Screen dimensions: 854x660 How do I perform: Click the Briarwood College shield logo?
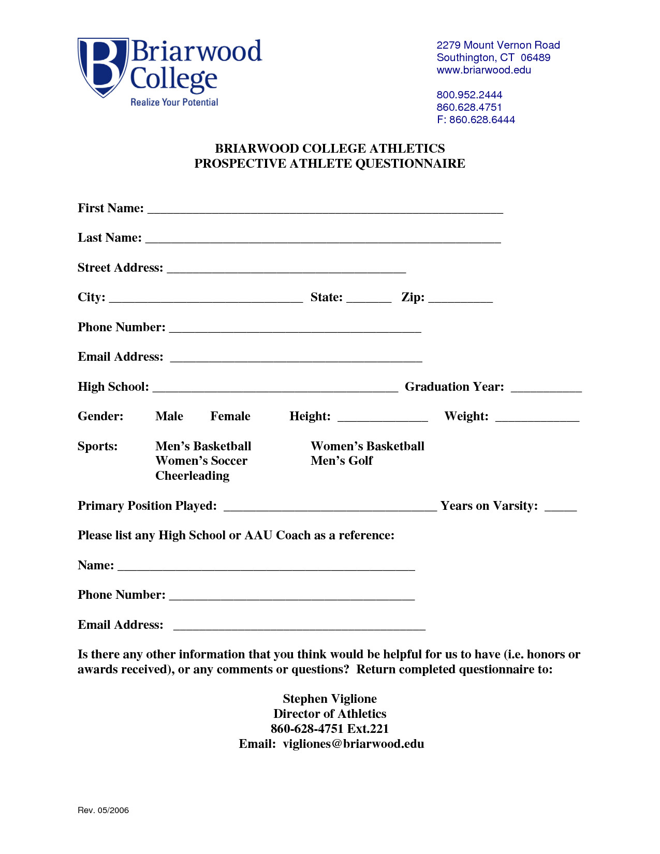click(x=102, y=66)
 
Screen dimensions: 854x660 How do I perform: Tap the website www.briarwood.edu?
click(x=483, y=70)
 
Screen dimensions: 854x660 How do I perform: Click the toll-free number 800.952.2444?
click(x=469, y=95)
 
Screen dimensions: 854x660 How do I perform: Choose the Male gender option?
click(x=169, y=416)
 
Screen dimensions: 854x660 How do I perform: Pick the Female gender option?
click(x=230, y=416)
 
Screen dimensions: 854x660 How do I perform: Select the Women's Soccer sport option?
click(x=201, y=461)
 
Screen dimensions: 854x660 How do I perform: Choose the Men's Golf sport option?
click(x=342, y=461)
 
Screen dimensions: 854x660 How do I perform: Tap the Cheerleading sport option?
click(x=192, y=476)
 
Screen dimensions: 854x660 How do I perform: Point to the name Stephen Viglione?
click(x=330, y=699)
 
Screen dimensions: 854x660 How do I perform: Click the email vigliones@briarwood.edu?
click(x=353, y=744)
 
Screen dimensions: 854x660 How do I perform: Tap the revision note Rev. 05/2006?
click(x=103, y=810)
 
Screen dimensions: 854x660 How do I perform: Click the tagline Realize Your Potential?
click(x=174, y=102)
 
